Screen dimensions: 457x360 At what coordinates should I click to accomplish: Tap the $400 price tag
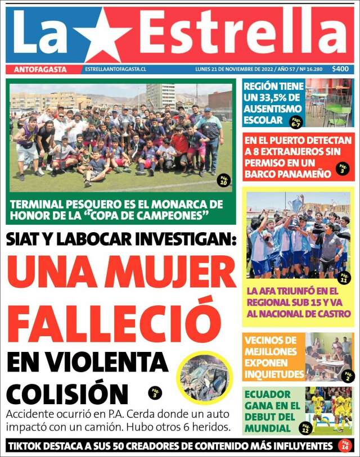tap(340, 69)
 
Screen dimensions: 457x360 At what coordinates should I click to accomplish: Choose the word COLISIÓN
tap(67, 393)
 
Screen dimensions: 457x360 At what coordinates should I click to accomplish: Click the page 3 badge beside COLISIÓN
tap(155, 393)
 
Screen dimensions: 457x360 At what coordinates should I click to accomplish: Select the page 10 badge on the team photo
tap(224, 180)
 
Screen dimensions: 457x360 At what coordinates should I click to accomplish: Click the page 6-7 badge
tap(295, 122)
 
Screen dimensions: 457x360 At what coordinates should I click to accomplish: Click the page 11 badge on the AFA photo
tap(344, 278)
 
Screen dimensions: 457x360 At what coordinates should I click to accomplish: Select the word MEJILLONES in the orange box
tap(270, 351)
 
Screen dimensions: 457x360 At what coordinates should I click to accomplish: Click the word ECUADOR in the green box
tap(268, 394)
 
